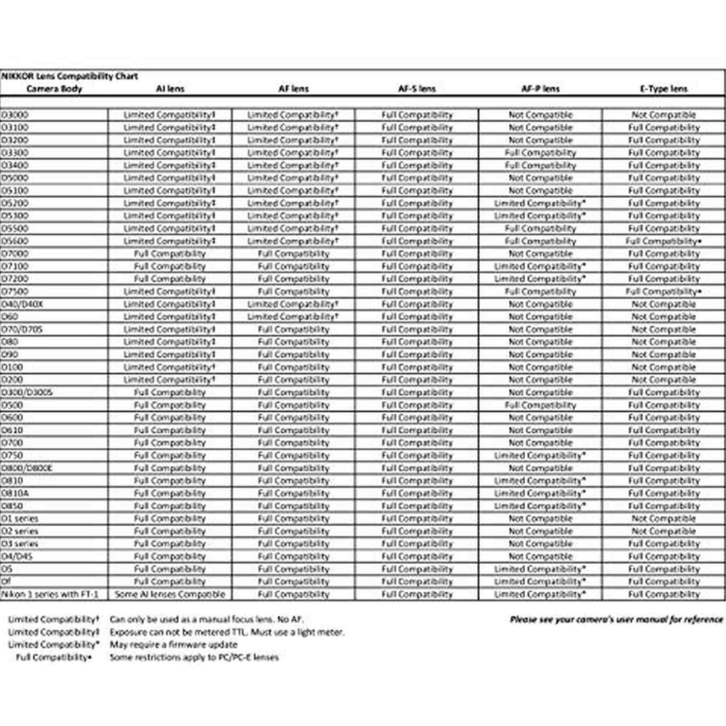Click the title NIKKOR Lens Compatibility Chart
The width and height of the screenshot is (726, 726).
[69, 76]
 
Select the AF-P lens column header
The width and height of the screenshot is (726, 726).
[540, 89]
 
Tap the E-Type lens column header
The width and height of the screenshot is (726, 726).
[664, 89]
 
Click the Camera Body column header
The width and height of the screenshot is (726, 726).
[54, 89]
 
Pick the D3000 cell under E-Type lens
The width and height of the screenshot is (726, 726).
[664, 115]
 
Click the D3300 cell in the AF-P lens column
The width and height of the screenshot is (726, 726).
[540, 153]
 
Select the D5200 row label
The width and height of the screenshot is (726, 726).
[15, 203]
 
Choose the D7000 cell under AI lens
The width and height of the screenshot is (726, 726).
[170, 254]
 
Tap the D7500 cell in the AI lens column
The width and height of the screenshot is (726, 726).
[170, 292]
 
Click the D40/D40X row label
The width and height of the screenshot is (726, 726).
[22, 305]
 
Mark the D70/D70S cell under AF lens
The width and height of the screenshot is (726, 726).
[294, 330]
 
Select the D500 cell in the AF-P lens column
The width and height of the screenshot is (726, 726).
[540, 405]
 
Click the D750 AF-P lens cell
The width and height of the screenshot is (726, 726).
[540, 456]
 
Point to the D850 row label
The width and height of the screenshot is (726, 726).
[12, 506]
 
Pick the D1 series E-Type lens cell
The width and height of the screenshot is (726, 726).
[664, 519]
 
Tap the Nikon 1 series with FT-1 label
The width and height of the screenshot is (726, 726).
[50, 594]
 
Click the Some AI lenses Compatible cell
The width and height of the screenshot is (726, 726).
[170, 594]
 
